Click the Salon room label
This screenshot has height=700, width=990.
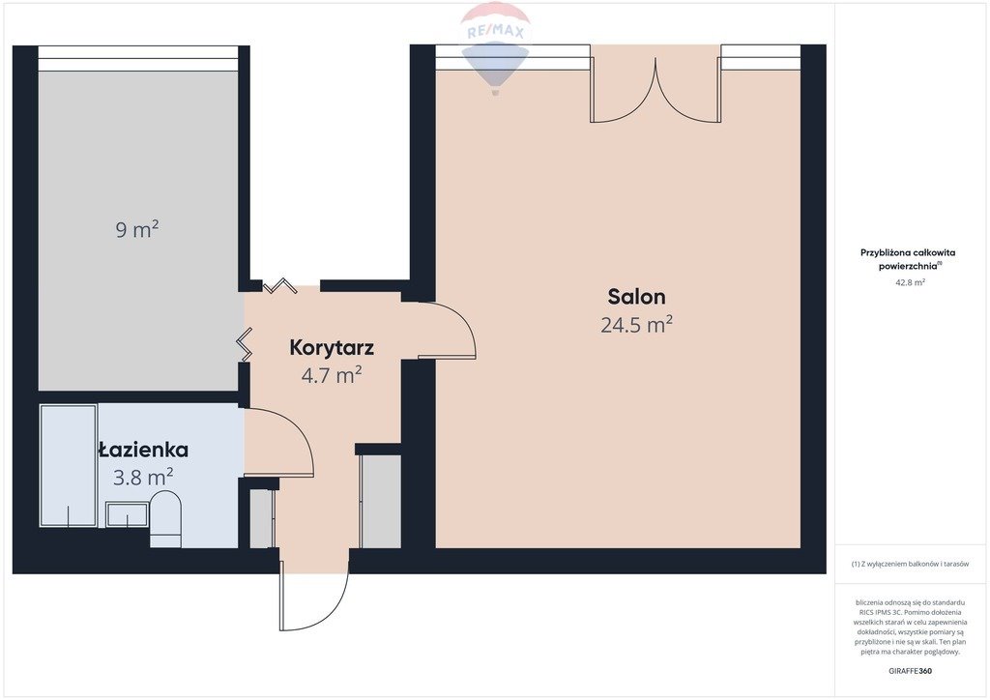pos(636,296)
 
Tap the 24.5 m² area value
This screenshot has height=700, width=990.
pos(636,325)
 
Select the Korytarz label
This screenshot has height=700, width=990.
pos(332,347)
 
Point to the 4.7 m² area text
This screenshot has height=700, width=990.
pos(332,375)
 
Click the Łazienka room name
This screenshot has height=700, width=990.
pos(143,450)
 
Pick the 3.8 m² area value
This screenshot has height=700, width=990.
pos(143,478)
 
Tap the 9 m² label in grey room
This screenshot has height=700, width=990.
pos(137,229)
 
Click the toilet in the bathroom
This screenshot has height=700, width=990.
pos(165,519)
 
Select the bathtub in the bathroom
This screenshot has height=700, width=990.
pos(69,466)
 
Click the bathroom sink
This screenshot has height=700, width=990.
pos(127,514)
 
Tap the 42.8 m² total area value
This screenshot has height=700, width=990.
pos(910,282)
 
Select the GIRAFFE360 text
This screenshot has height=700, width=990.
pos(910,671)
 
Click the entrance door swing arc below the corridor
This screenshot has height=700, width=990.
pos(335,607)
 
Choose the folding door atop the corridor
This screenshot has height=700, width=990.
pos(279,286)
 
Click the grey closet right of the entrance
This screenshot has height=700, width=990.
pos(380,501)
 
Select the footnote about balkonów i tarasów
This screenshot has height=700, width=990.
pos(910,564)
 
